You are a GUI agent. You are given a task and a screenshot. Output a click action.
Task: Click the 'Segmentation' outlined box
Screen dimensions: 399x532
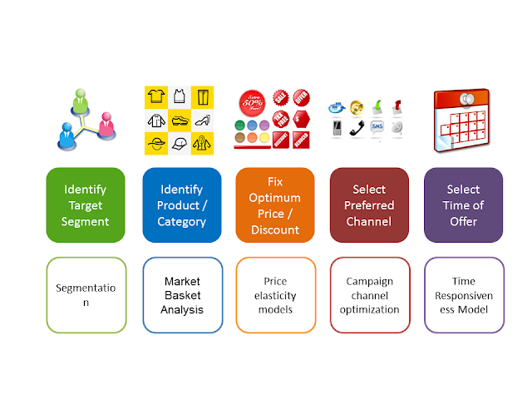(86, 295)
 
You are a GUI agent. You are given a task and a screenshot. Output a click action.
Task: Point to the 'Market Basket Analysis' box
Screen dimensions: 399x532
(182, 295)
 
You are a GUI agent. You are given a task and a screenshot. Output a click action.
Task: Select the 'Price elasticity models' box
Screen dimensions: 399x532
(275, 295)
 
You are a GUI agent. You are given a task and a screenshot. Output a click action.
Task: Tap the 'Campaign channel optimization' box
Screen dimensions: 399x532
(369, 295)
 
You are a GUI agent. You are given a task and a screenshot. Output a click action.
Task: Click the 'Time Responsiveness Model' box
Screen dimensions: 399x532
(463, 295)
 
